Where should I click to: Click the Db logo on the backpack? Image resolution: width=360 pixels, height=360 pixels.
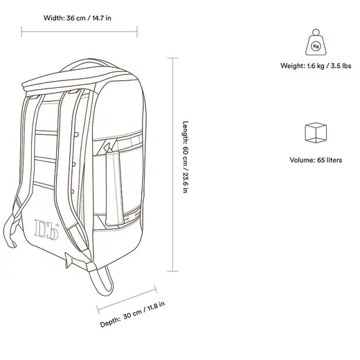46,229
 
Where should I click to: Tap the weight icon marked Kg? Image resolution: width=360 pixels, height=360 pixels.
316,42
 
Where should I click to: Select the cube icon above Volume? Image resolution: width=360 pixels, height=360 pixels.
316,133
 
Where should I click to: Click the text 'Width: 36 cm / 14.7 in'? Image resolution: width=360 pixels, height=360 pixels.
78,18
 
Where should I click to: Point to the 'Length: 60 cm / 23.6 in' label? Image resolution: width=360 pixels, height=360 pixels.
186,157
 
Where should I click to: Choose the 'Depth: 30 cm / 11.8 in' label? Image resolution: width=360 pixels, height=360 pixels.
132,314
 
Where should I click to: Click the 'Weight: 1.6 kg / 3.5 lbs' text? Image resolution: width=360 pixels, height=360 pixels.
316,66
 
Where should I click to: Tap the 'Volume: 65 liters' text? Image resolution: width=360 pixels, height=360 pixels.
316,160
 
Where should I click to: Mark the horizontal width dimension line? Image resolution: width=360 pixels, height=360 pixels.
80,31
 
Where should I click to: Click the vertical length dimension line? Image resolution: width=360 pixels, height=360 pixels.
172,165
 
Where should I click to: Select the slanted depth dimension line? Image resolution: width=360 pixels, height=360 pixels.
127,300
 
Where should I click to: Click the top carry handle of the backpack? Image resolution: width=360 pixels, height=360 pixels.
89,62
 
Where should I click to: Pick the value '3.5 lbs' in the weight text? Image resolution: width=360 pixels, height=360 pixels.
341,66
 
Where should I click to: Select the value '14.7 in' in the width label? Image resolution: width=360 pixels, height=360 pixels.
102,18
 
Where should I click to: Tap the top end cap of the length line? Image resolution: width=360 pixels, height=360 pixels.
172,58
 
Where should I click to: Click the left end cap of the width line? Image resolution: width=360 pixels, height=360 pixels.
21,31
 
